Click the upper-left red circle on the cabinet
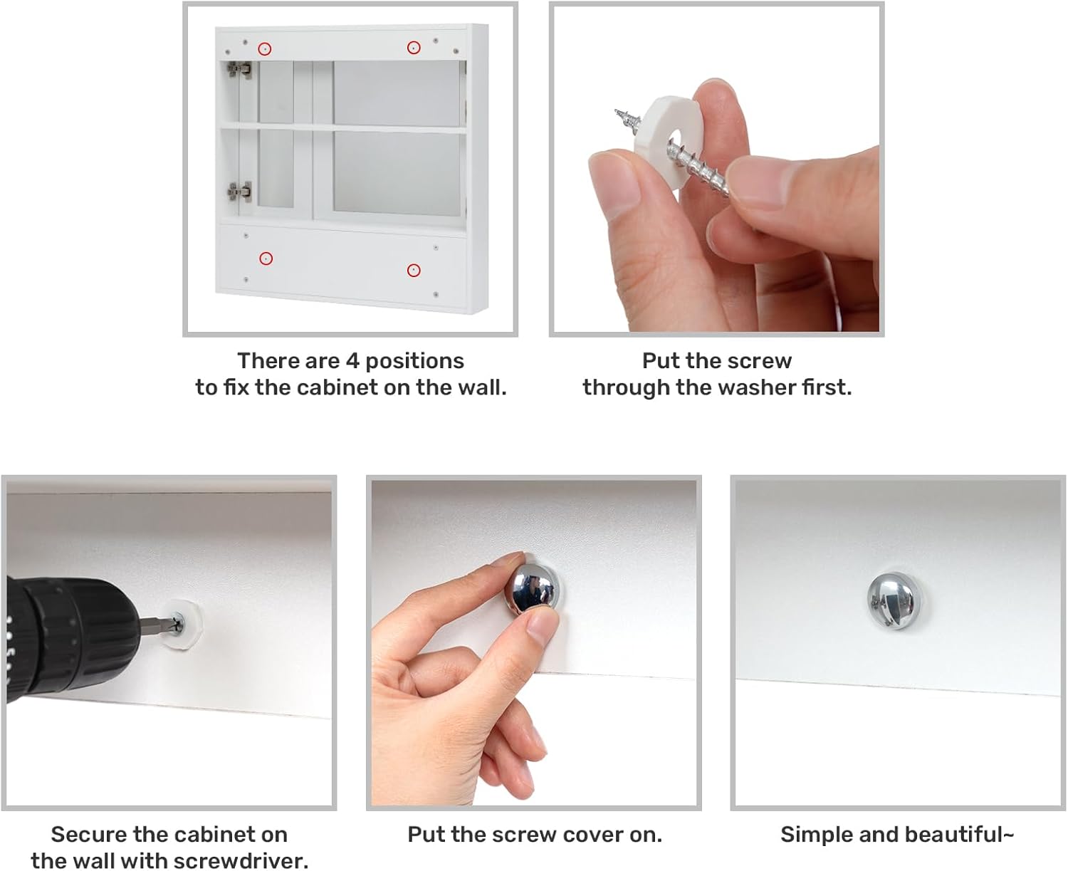(x=264, y=48)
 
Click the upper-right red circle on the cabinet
(x=414, y=48)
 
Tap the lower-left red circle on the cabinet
(x=266, y=259)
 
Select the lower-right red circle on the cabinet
(x=414, y=270)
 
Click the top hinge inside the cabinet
(x=239, y=70)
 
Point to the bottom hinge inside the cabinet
(x=239, y=192)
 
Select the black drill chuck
(x=71, y=640)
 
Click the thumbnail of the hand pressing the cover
(x=534, y=643)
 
